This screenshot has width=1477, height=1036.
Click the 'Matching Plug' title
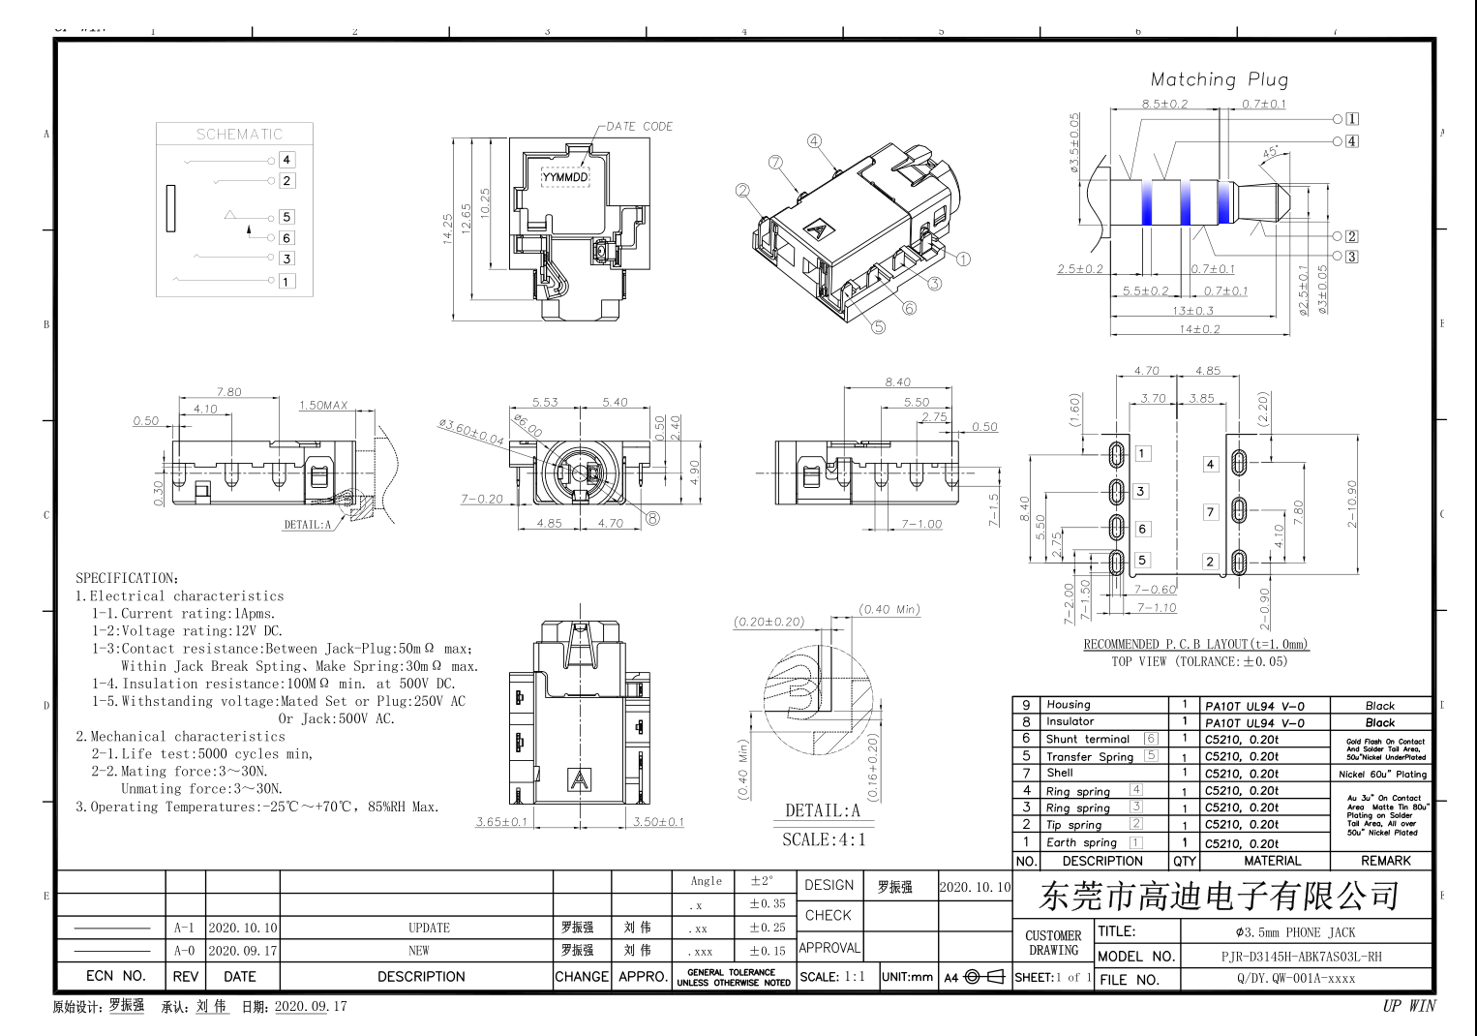[1219, 79]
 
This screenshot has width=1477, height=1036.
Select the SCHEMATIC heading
[239, 135]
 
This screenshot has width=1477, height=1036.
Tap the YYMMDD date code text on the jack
[565, 177]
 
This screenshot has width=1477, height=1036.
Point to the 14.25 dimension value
[448, 229]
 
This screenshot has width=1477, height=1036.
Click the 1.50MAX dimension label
[323, 406]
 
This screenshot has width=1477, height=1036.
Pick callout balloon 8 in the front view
[652, 519]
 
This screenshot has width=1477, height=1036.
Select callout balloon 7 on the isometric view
[775, 163]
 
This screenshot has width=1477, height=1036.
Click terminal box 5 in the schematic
[286, 217]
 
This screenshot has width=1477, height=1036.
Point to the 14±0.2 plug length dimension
[1199, 329]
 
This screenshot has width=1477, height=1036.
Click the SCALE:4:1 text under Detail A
[824, 840]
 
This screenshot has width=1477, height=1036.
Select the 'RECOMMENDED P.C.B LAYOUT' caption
[1195, 644]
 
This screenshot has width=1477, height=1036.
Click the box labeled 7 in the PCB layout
[1210, 512]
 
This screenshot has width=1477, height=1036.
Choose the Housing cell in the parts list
[1069, 705]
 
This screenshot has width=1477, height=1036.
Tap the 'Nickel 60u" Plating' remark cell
[1382, 774]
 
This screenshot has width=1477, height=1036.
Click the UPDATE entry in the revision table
[429, 928]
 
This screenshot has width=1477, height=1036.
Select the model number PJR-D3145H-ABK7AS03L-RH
[1301, 957]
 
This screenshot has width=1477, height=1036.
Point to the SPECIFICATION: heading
[127, 578]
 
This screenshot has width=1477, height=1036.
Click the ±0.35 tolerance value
[767, 903]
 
